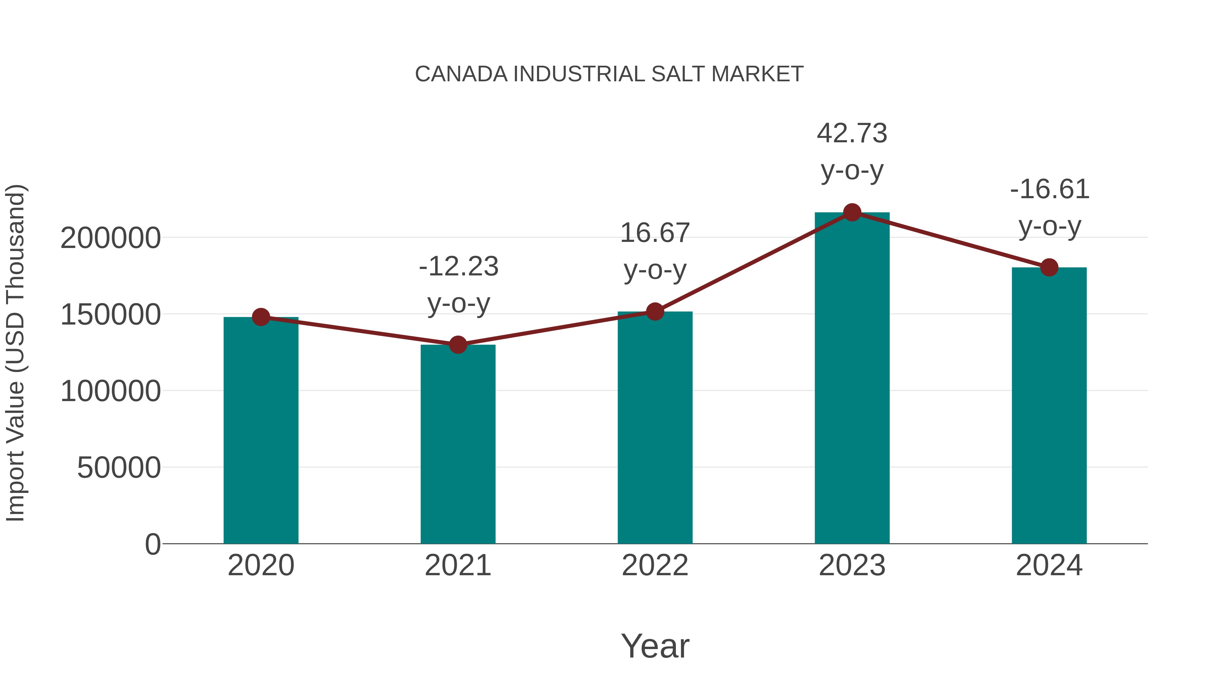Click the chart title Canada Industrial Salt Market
[609, 74]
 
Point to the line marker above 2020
[261, 317]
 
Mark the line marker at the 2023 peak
[852, 212]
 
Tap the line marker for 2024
[1049, 268]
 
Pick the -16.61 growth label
[1050, 207]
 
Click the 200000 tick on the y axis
[110, 238]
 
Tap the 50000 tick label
[119, 468]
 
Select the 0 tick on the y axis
[152, 544]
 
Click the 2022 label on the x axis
[655, 565]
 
